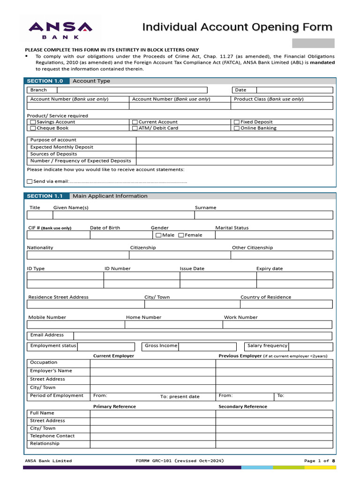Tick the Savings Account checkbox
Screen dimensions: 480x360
33,122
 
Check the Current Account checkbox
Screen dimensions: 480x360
135,122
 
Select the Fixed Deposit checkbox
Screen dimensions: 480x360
237,122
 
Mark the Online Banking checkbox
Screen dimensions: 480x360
237,128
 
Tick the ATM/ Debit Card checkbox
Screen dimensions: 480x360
135,128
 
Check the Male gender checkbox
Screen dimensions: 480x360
158,235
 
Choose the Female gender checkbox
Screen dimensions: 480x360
181,235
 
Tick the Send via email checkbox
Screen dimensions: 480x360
30,181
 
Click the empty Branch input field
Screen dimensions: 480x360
132,90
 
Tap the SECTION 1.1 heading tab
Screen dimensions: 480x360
46,196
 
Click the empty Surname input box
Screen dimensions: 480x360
263,215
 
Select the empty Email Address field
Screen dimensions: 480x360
202,336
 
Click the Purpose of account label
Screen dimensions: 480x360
53,140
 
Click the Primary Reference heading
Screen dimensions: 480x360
114,406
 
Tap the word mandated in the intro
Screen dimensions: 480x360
322,62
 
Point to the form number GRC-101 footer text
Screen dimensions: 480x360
179,461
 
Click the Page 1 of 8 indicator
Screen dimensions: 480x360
320,461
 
